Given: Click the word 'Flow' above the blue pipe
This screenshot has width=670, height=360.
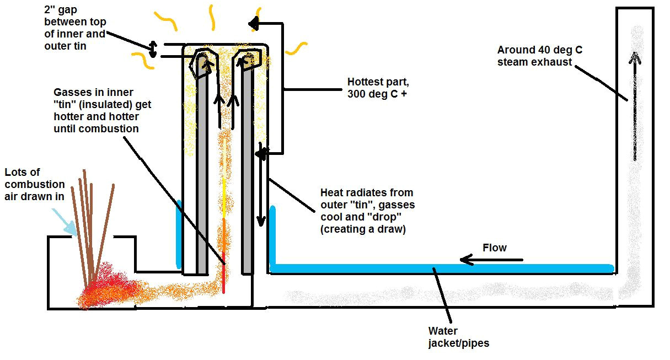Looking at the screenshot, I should tap(494, 248).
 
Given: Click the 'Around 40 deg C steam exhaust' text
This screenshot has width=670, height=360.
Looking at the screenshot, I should tap(539, 56).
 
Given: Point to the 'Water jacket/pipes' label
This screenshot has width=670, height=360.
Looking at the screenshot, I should tap(458, 337).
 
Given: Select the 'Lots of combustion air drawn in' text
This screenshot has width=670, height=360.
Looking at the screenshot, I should tap(34, 184).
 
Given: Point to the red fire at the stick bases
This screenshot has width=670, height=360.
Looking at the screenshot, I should tap(105, 284).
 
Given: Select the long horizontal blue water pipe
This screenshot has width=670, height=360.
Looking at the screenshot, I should tap(441, 269).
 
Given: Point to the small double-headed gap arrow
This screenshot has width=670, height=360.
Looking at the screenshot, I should tap(155, 49).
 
